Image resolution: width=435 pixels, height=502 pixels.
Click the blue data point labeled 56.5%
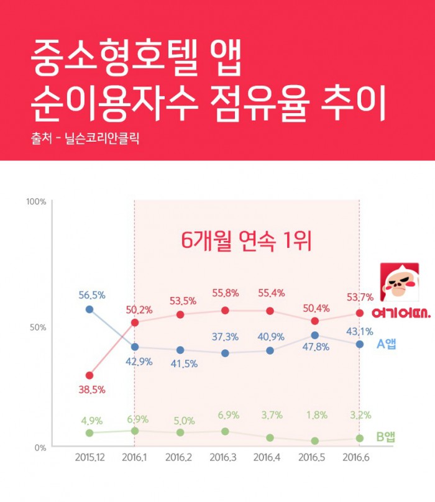click(x=89, y=309)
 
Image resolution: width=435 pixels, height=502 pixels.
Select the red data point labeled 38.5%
click(x=89, y=375)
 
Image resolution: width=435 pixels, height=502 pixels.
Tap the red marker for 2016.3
click(x=225, y=311)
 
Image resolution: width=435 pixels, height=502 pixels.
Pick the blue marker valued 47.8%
click(x=315, y=335)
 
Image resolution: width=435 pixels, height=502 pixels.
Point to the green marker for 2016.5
click(x=315, y=440)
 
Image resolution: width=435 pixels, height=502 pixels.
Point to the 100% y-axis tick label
click(x=36, y=202)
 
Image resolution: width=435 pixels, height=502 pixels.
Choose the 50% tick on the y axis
click(x=38, y=327)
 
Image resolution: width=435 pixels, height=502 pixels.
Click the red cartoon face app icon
click(x=399, y=283)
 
